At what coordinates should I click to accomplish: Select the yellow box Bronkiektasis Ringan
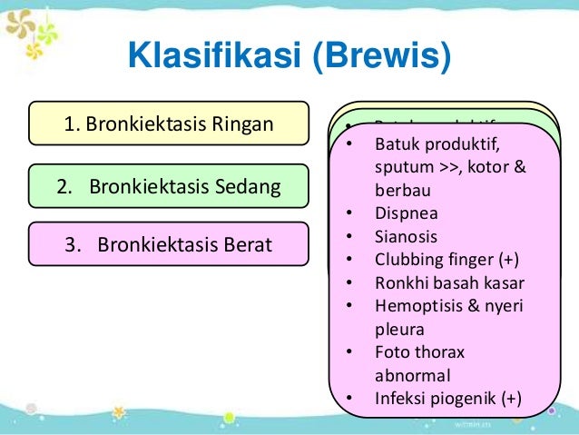coord(168,124)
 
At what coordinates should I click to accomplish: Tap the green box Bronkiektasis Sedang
coord(168,187)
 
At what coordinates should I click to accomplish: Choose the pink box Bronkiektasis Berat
coord(168,244)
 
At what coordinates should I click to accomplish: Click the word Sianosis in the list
coord(406,238)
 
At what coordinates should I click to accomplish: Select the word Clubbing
coord(405,261)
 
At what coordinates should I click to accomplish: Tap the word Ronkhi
coord(397,283)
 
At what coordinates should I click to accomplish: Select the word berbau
coord(401,192)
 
